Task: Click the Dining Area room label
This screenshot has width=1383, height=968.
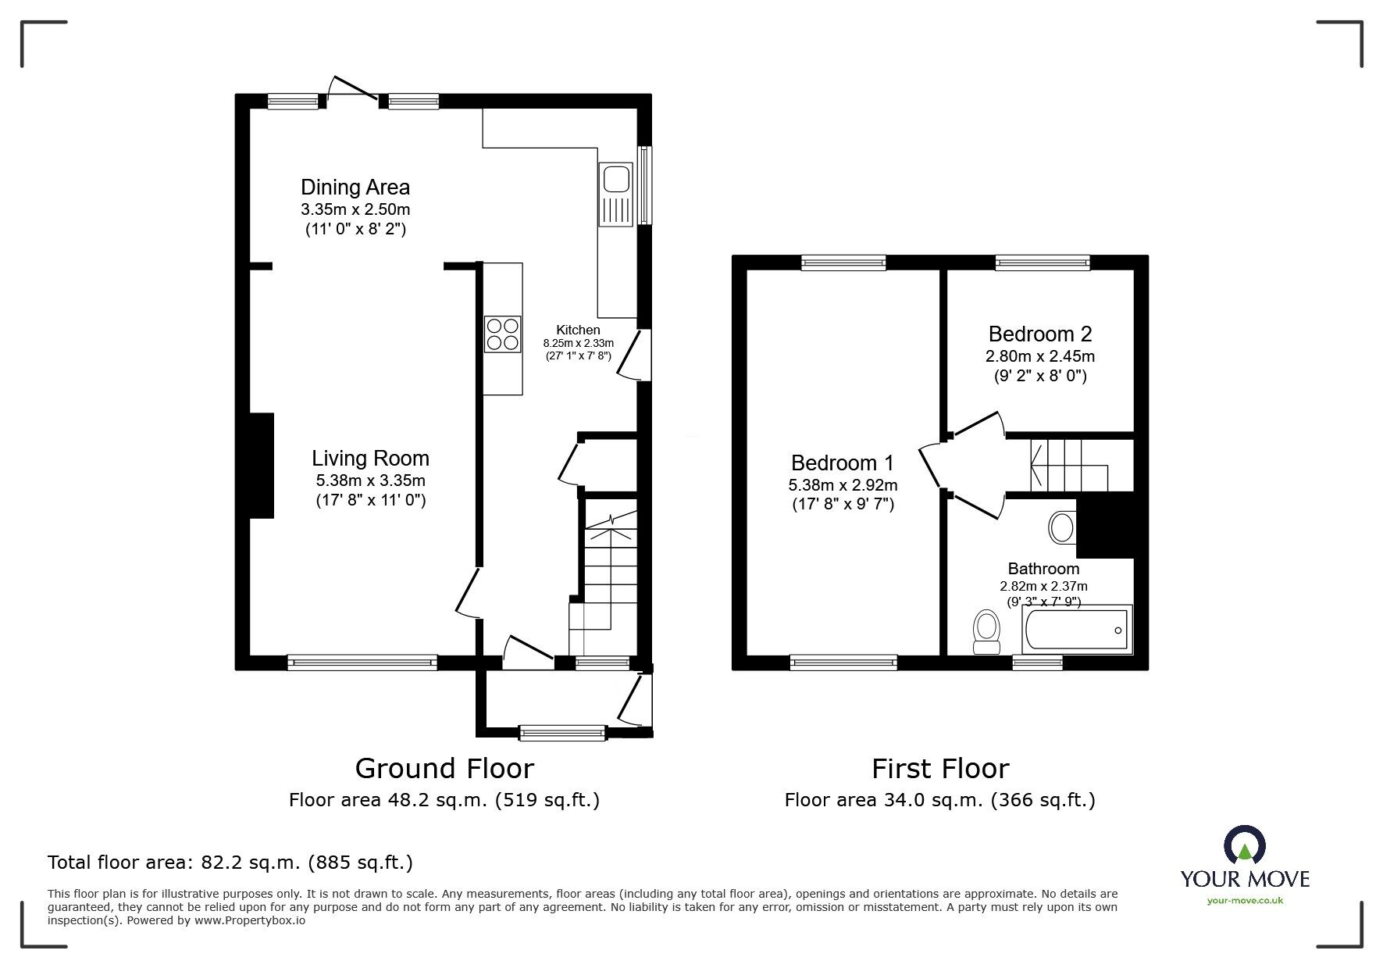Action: (x=355, y=188)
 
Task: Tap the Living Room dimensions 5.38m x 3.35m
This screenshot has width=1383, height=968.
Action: (x=370, y=480)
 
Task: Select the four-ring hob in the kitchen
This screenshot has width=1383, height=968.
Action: (x=502, y=334)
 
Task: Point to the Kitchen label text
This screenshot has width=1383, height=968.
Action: (x=578, y=330)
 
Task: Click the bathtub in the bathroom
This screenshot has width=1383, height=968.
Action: (x=1076, y=630)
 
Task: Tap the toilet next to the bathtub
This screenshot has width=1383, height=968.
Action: (x=987, y=631)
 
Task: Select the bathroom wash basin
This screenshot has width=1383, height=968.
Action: (x=1062, y=527)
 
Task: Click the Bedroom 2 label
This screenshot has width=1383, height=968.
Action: (x=1039, y=334)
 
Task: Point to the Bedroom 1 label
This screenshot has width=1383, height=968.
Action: (x=843, y=463)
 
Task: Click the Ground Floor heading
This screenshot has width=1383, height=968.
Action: (x=444, y=769)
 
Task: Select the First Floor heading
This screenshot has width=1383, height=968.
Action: (x=940, y=769)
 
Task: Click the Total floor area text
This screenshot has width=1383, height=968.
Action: (x=230, y=863)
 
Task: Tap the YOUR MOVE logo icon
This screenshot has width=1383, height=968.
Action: (x=1244, y=846)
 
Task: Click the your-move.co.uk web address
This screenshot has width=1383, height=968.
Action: (x=1245, y=901)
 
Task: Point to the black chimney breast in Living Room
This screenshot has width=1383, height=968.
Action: (x=261, y=466)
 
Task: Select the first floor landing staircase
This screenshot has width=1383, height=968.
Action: (x=1067, y=466)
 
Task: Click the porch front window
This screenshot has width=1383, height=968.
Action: (x=561, y=732)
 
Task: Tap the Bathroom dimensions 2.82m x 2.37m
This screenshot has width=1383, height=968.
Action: (x=1043, y=586)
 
